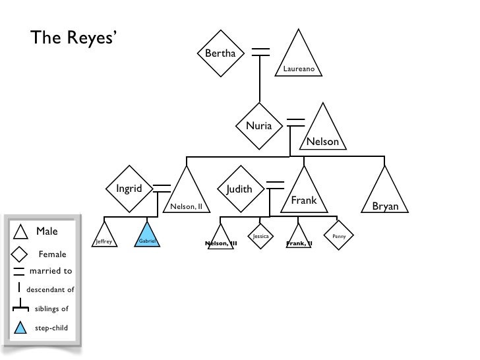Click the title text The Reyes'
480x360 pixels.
click(73, 39)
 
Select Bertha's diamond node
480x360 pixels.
click(220, 53)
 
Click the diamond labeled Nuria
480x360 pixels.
click(258, 125)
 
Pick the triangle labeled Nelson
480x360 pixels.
click(322, 132)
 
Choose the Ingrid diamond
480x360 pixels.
click(129, 189)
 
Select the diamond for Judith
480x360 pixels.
click(239, 189)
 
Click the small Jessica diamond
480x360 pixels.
click(260, 235)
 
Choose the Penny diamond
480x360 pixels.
click(339, 235)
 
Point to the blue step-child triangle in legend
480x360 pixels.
click(20, 326)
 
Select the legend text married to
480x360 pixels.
click(51, 271)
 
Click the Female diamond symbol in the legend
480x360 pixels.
click(20, 253)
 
